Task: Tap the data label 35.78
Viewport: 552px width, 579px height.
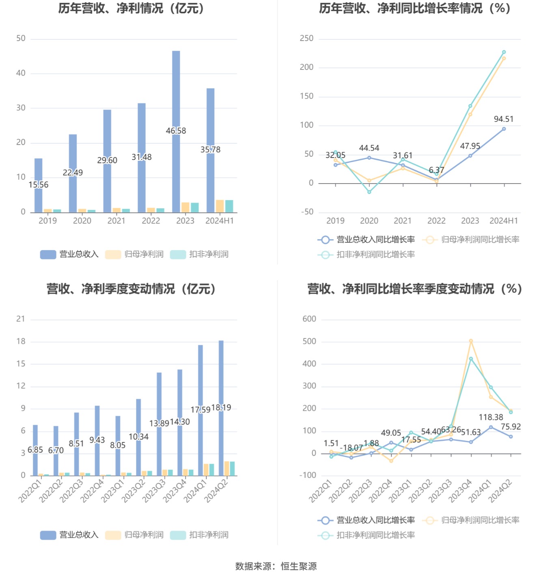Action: [210, 149]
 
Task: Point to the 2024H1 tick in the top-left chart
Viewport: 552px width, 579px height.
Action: [220, 220]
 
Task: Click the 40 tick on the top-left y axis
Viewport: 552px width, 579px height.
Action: [21, 73]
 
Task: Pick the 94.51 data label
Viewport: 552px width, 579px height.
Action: [503, 119]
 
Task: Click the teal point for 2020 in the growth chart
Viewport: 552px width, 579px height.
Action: [369, 192]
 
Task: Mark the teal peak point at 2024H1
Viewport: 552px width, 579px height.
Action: [504, 52]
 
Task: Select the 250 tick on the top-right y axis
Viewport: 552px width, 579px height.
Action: [306, 38]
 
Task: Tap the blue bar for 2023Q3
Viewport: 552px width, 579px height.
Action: [159, 398]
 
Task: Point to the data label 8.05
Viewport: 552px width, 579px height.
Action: [118, 445]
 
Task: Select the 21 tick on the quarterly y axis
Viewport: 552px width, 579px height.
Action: [21, 319]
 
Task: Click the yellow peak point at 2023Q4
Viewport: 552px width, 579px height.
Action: [471, 341]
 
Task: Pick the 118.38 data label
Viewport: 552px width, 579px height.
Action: [491, 417]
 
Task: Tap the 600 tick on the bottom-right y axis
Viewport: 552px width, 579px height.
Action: [309, 319]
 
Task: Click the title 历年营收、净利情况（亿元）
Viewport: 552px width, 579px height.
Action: [131, 8]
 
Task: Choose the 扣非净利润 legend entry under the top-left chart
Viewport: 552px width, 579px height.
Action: [200, 254]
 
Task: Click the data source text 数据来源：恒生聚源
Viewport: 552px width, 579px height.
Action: [276, 566]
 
